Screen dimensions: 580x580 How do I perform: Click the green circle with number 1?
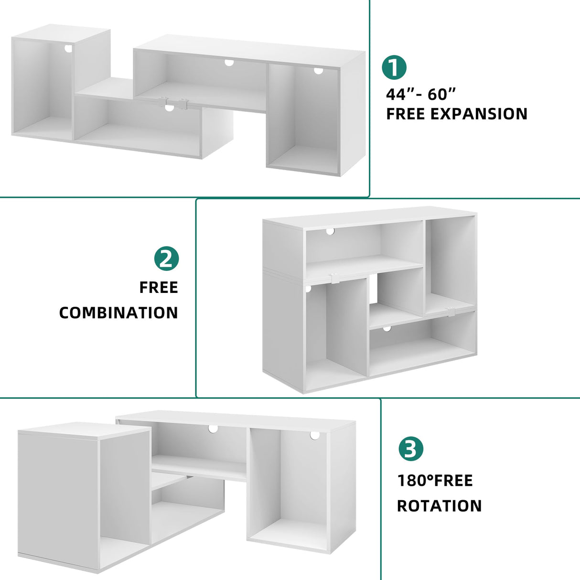tap(394, 67)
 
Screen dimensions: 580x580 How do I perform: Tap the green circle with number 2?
tap(166, 259)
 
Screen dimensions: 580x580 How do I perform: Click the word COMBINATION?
tap(118, 313)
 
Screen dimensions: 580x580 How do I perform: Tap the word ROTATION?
tap(439, 506)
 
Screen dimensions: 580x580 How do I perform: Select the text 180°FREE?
tap(435, 481)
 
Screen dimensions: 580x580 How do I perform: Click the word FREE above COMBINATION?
tap(159, 288)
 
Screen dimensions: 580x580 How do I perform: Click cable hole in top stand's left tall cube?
tap(68, 49)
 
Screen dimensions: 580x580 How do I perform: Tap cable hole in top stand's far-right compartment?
tap(318, 71)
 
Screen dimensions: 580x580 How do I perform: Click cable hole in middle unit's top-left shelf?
tap(330, 231)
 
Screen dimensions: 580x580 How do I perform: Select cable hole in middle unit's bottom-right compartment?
tap(387, 329)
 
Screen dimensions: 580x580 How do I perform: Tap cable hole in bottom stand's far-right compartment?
tap(314, 436)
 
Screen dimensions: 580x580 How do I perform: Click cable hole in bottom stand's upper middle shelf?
tap(213, 429)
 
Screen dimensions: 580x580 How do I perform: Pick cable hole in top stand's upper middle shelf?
tap(229, 63)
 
